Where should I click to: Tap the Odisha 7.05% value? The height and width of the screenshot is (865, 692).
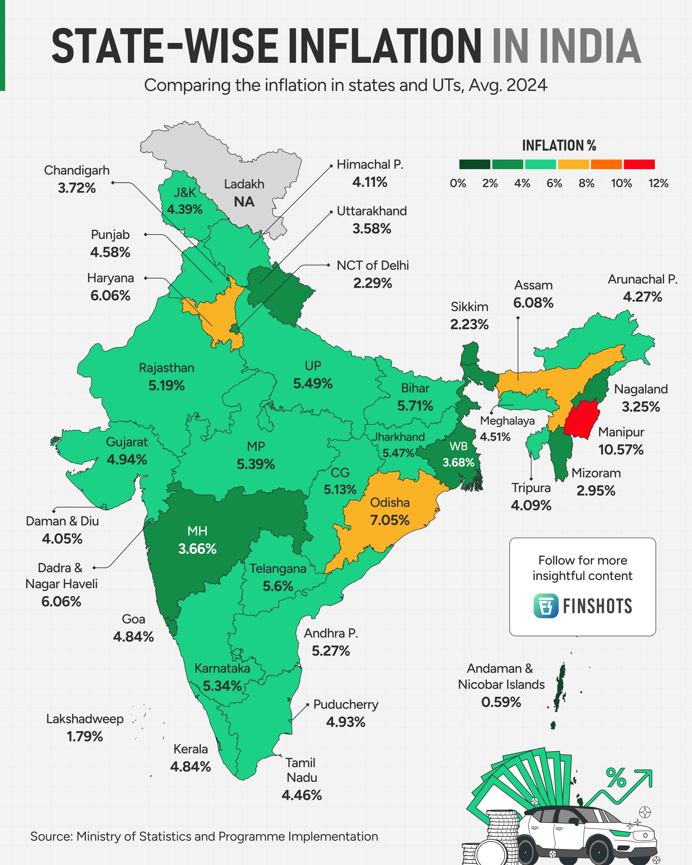coord(390,520)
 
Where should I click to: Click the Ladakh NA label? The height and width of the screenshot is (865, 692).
coord(244,193)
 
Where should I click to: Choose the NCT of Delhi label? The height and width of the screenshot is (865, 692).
coord(373,266)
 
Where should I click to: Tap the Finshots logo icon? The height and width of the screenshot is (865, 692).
coord(546,606)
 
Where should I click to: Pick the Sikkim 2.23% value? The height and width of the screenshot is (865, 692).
coord(469,324)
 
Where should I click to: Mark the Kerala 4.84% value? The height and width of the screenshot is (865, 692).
coord(190,767)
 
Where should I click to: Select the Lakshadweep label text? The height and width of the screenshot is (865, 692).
coord(85,719)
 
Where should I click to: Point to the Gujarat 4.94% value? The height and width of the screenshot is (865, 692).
coord(127,459)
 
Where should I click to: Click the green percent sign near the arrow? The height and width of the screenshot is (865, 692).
coord(616,778)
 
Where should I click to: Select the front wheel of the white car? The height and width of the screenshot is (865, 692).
coord(598,851)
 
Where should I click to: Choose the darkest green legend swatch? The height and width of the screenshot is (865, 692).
coord(474,164)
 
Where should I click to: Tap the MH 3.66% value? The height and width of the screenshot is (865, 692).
coord(197,548)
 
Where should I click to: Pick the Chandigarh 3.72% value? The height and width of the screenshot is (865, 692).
coord(77,188)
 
